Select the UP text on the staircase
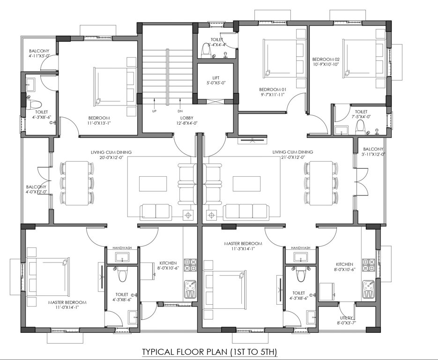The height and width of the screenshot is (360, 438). point(154,112)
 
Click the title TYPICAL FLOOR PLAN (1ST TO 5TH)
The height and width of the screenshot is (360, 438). point(210,351)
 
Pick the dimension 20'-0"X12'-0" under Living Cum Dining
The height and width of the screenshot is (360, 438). point(111,158)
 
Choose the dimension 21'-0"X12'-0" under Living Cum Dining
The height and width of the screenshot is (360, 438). point(293,158)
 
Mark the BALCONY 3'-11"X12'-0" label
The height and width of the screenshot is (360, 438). point(373,151)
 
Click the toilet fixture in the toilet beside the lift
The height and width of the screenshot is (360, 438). point(206,50)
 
